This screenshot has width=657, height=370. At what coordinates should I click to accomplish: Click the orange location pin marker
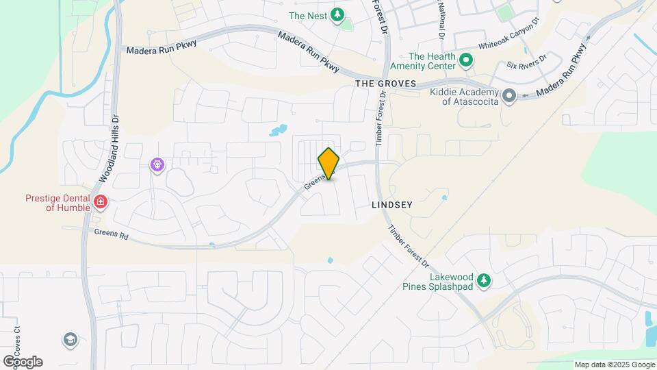[x=328, y=164]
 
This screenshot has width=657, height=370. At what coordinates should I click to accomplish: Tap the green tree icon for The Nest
[x=337, y=14]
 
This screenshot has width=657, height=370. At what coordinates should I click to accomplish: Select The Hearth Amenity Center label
[x=432, y=62]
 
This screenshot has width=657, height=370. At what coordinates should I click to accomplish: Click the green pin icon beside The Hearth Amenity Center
[x=467, y=61]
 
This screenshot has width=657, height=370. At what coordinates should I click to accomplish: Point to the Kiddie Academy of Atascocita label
[x=464, y=97]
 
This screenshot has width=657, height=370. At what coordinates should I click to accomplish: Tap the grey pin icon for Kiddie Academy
[x=508, y=96]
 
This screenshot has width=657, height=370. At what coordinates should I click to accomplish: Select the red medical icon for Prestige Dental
[x=101, y=201]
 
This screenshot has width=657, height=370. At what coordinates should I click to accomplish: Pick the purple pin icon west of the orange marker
[x=157, y=164]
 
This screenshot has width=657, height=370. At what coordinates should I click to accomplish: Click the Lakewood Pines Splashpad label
[x=452, y=282]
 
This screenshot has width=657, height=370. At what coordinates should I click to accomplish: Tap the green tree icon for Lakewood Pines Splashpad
[x=484, y=280]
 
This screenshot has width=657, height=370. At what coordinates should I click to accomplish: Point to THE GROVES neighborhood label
[x=385, y=83]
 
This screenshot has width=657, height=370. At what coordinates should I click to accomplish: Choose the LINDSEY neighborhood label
[x=392, y=205]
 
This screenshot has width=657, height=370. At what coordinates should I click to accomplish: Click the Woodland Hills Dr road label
[x=110, y=147]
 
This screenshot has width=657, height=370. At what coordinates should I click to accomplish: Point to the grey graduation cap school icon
[x=70, y=339]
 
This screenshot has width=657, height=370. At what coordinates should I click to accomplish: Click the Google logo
[x=22, y=361]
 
